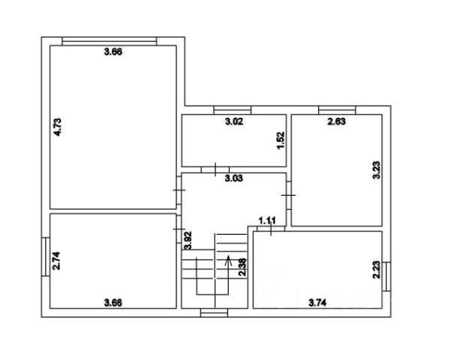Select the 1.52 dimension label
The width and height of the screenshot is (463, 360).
click(280, 139)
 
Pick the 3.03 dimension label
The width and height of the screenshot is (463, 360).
click(235, 178)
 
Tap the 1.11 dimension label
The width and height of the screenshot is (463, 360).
click(267, 220)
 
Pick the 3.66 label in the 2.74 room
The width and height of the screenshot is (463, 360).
click(113, 303)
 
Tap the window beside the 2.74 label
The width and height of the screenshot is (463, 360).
click(46, 258)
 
